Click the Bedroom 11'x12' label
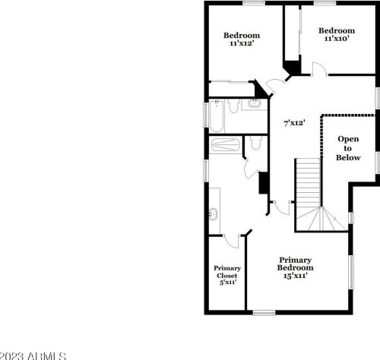point(241,39)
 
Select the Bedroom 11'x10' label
point(337,34)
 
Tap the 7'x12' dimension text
point(294,122)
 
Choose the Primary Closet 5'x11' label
point(226,274)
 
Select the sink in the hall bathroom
point(254,105)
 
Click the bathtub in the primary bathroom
point(225,145)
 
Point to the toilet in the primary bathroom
point(255,144)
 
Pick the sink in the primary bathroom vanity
point(214,213)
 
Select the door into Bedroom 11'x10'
point(321,70)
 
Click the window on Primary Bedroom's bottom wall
point(264,312)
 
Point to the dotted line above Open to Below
point(347,115)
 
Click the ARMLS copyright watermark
point(33,355)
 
